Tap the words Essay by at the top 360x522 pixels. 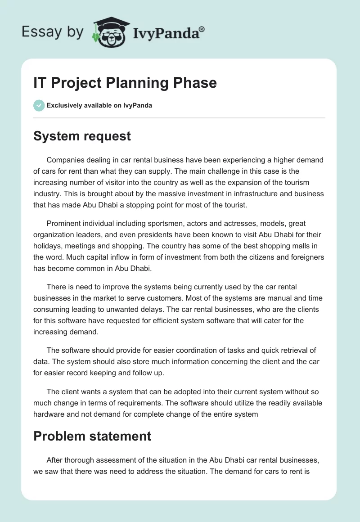point(52,32)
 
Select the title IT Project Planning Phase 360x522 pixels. point(125,83)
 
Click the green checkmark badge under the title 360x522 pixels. point(39,105)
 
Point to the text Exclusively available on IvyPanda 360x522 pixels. point(99,106)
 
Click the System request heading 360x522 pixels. point(82,135)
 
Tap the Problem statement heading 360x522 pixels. point(92,436)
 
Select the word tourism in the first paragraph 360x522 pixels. point(297,182)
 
